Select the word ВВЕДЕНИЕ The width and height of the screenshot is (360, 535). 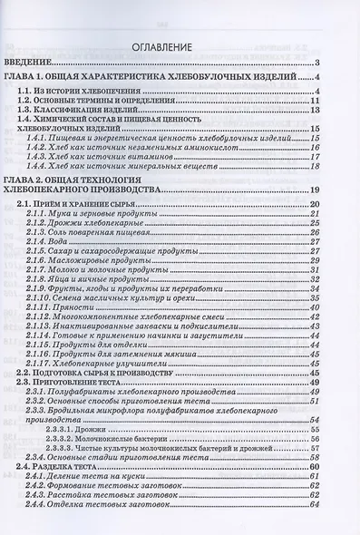point(32,62)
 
